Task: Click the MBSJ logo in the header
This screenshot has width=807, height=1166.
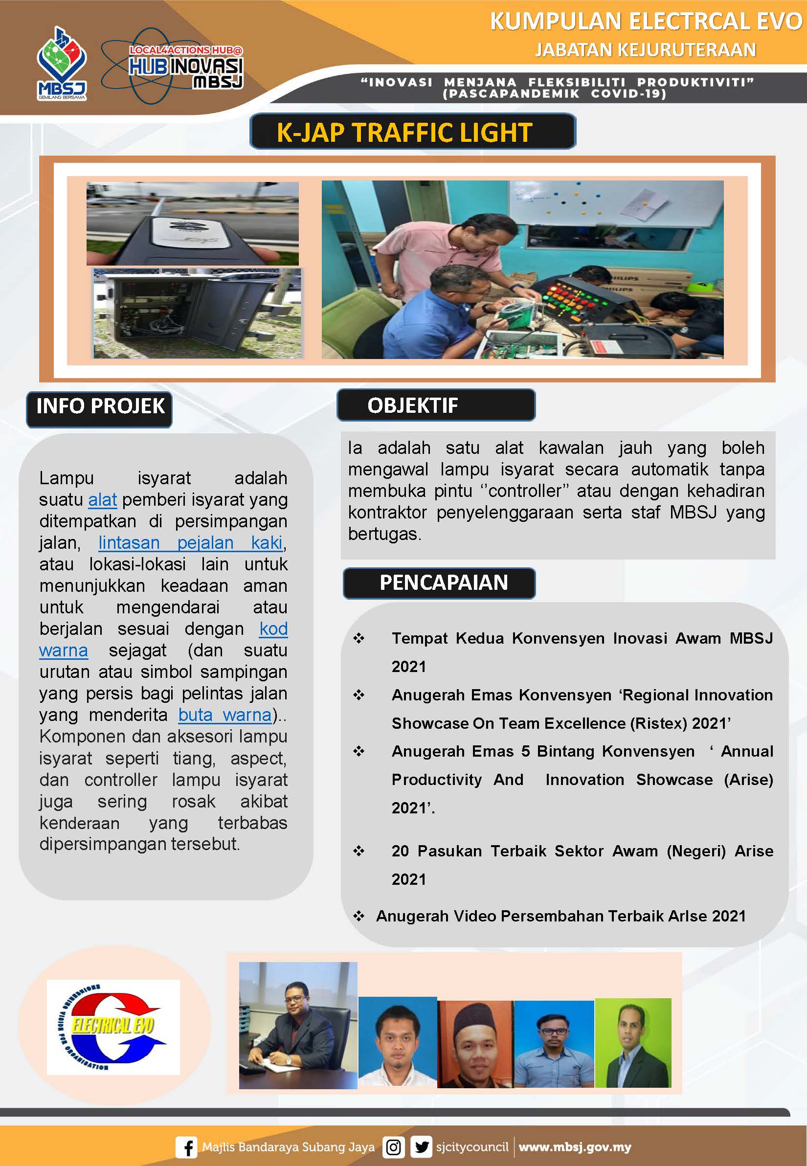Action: [62, 64]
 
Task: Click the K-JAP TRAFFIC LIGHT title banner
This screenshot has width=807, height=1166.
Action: [412, 132]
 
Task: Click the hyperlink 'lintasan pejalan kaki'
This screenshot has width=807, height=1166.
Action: [190, 542]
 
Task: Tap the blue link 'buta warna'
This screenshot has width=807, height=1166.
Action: [225, 715]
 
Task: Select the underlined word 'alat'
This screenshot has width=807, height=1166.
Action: [102, 499]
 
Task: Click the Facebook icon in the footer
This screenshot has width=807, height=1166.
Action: [186, 1147]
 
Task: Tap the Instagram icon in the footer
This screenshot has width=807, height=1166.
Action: [393, 1147]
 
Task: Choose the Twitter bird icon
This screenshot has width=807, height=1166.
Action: [421, 1147]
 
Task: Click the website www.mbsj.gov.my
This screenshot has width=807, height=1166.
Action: [574, 1147]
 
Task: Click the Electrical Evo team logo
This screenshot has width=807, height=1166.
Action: [113, 1028]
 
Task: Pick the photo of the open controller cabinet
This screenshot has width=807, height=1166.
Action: [197, 314]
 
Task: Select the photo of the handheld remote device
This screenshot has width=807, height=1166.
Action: [192, 224]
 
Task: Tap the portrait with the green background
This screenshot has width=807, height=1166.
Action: [632, 1043]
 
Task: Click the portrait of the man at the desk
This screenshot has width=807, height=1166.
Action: [298, 1025]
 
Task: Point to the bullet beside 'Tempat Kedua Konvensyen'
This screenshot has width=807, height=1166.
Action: [359, 638]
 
